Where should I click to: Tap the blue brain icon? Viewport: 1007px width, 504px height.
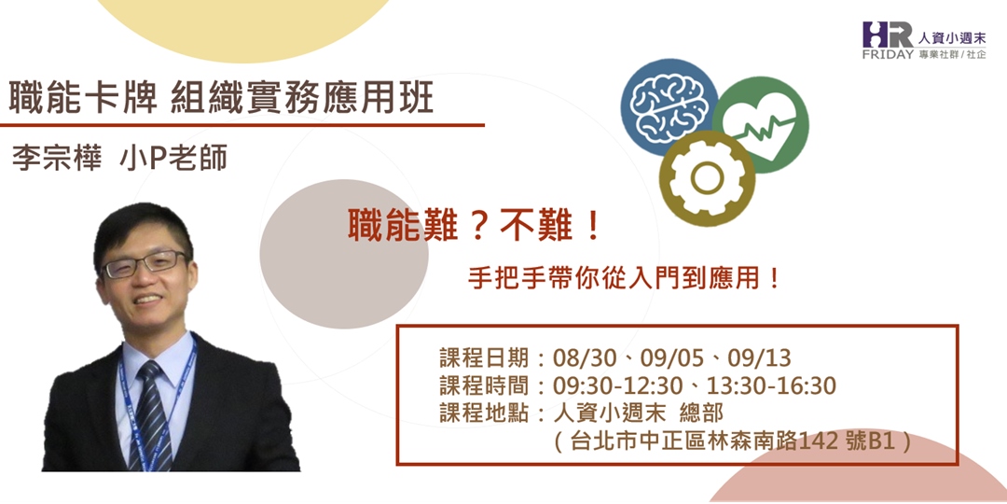[x=669, y=105]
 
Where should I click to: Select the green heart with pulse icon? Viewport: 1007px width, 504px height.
[x=761, y=125]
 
